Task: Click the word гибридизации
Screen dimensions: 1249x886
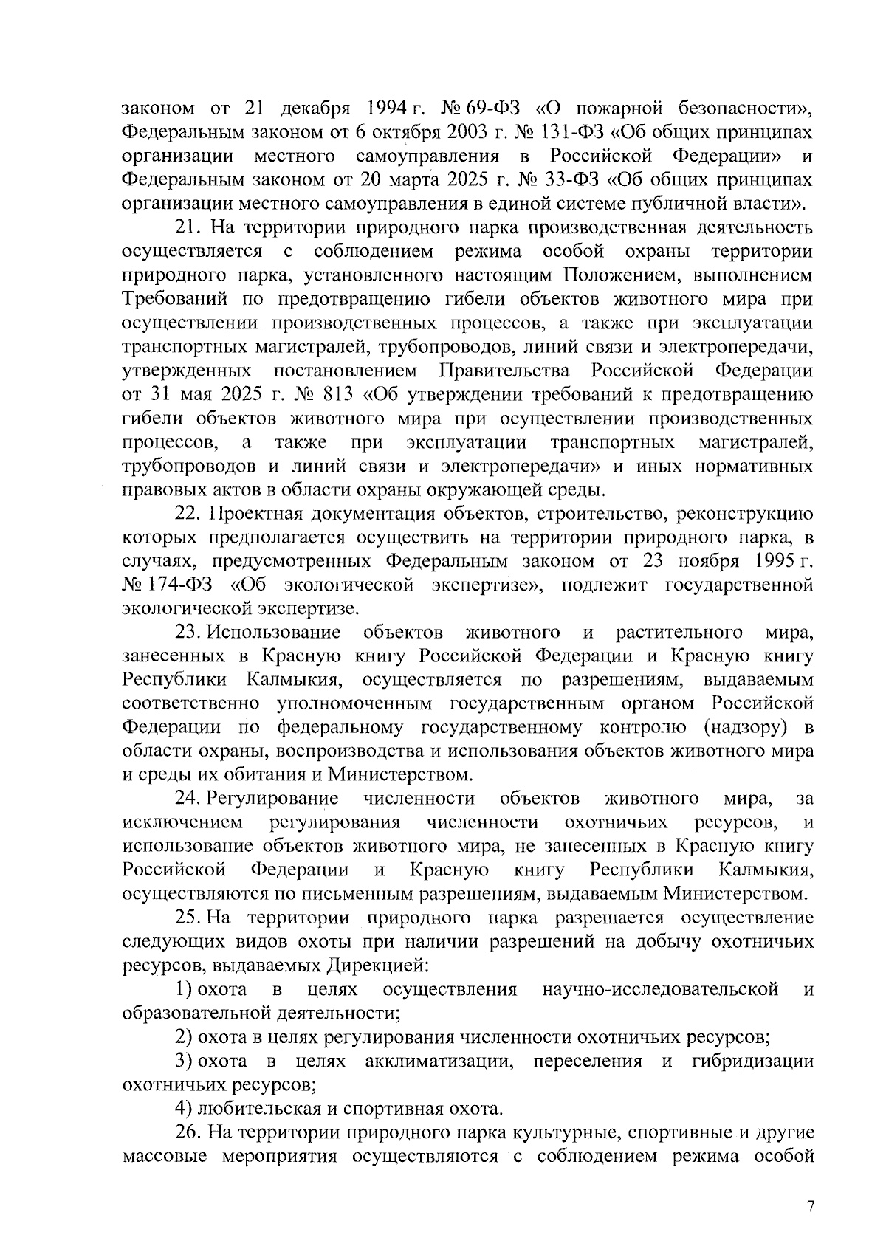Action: pos(753,1062)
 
